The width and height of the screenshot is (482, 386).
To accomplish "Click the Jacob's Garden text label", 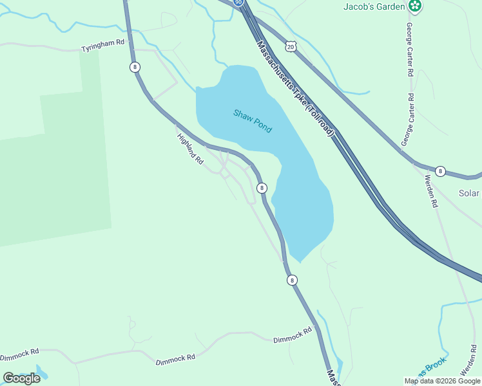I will click(x=374, y=6).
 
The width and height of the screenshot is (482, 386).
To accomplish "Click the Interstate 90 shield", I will click(x=238, y=3).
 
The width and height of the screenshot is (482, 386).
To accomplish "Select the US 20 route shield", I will click(x=291, y=47).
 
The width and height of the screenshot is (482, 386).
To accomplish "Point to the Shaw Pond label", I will click(x=253, y=121).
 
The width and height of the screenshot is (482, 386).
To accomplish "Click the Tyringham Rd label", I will click(x=102, y=49).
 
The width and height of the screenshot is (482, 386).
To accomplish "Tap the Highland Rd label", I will click(x=190, y=149).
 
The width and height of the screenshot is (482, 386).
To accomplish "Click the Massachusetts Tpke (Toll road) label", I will click(x=296, y=88).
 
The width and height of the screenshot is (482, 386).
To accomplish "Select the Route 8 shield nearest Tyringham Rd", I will click(x=134, y=67).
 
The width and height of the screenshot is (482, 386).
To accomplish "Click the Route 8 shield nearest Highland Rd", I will click(x=262, y=188).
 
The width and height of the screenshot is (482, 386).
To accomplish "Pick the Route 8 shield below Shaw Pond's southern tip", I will click(x=293, y=280).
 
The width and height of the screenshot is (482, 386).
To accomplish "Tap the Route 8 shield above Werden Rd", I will click(x=440, y=171).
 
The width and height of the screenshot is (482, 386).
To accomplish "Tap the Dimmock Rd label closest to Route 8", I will click(x=292, y=335).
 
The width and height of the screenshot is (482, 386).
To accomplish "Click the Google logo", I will click(x=21, y=378).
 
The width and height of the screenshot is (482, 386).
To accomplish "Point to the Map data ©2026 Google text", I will click(x=442, y=381).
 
